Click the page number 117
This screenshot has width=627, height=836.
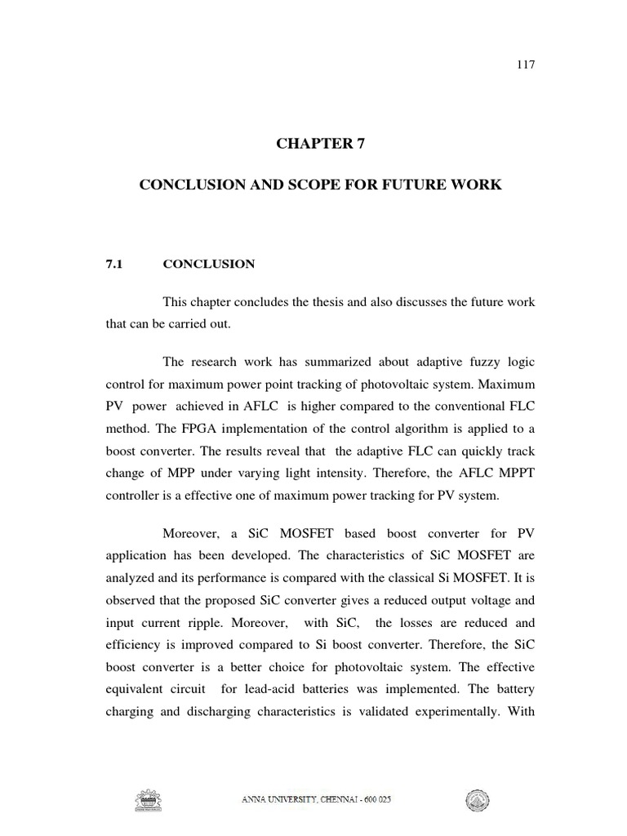click(526, 65)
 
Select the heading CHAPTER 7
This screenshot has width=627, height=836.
click(321, 145)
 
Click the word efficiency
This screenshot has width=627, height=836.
click(133, 644)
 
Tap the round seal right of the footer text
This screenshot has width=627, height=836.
click(474, 801)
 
